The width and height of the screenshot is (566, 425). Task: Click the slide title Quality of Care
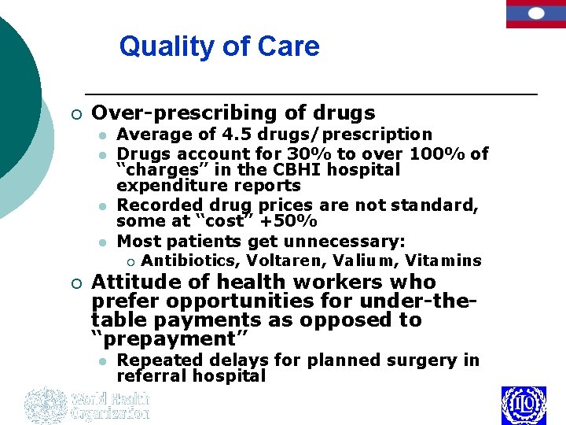[x=219, y=46]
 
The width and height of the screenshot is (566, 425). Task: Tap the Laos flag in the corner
[x=535, y=14]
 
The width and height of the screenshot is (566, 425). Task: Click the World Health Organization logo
[x=86, y=405]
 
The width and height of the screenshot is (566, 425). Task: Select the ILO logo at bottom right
[x=524, y=405]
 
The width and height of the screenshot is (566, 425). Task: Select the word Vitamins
[x=444, y=261]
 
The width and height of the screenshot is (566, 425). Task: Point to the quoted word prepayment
[x=170, y=339]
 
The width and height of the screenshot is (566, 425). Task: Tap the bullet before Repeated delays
[x=102, y=361]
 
